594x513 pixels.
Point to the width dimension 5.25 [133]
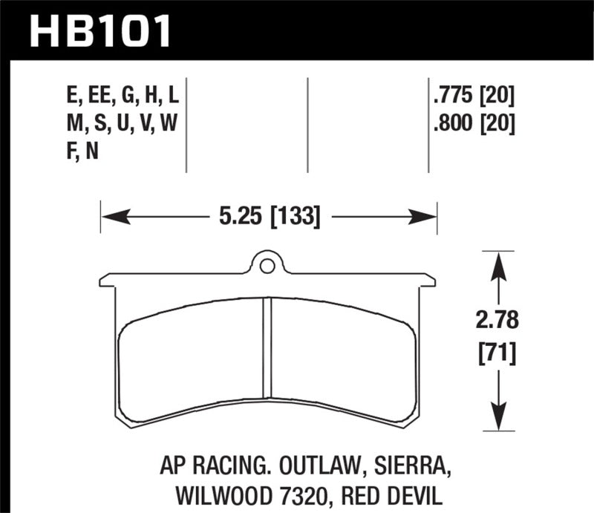[x=269, y=217]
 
